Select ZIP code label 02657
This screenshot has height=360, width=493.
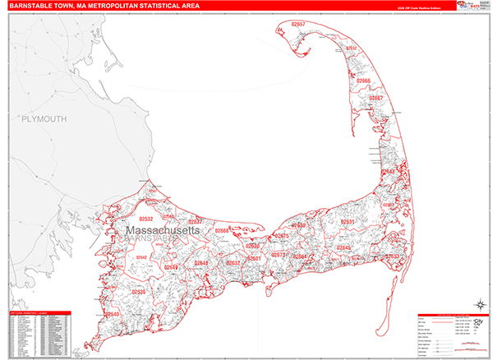point(297,25)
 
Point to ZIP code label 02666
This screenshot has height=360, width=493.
point(363,81)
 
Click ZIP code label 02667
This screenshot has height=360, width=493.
point(375,98)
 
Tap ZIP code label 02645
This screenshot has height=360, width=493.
point(343,247)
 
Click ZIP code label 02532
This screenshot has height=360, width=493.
point(146,219)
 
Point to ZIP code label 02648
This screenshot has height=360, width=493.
point(201,263)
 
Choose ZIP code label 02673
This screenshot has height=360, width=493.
point(277,256)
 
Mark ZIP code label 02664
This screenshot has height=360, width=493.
point(300,256)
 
